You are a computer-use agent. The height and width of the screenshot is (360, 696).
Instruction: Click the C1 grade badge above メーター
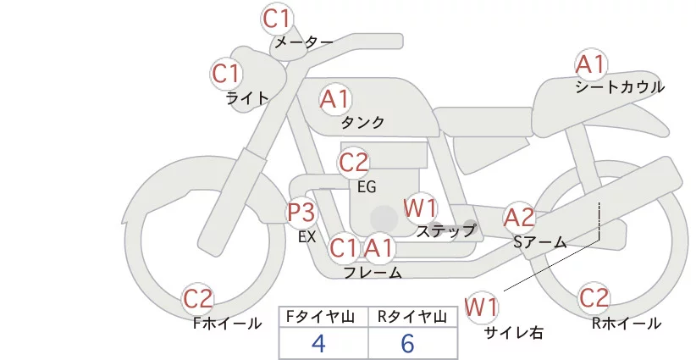click(x=277, y=17)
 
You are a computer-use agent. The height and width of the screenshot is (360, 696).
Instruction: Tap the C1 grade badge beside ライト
click(x=226, y=74)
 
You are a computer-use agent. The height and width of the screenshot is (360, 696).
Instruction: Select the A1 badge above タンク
click(x=334, y=99)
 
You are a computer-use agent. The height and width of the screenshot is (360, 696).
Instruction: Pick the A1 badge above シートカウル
click(x=590, y=64)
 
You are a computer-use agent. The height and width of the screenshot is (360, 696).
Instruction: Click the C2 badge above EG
click(x=354, y=162)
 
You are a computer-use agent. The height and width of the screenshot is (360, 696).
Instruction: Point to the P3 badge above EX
click(x=301, y=212)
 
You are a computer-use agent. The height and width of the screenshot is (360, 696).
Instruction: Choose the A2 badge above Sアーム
click(x=519, y=217)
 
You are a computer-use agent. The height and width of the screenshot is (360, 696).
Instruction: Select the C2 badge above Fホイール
click(x=199, y=298)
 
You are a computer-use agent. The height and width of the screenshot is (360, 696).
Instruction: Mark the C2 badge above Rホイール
click(x=594, y=298)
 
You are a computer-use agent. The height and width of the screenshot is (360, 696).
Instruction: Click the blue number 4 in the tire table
click(x=318, y=343)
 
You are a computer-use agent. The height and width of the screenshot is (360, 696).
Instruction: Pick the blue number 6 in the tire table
click(x=407, y=343)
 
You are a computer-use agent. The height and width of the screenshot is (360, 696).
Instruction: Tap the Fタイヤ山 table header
click(x=323, y=317)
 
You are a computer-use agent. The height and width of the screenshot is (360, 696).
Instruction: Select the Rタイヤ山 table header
click(x=412, y=317)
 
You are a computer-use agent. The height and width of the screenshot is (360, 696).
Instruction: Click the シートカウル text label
click(x=620, y=86)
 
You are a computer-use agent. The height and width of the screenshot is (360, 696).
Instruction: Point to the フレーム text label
click(x=373, y=272)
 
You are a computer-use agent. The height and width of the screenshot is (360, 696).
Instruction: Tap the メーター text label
click(x=302, y=42)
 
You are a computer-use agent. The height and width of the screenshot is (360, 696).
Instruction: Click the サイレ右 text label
click(x=514, y=332)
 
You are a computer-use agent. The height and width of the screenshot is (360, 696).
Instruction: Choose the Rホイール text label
click(x=627, y=323)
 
